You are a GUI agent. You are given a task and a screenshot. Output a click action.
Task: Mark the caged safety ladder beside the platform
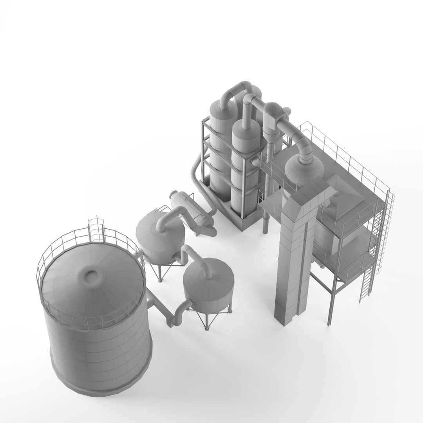point(382,231)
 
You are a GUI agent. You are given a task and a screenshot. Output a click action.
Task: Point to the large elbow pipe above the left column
point(233,92)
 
